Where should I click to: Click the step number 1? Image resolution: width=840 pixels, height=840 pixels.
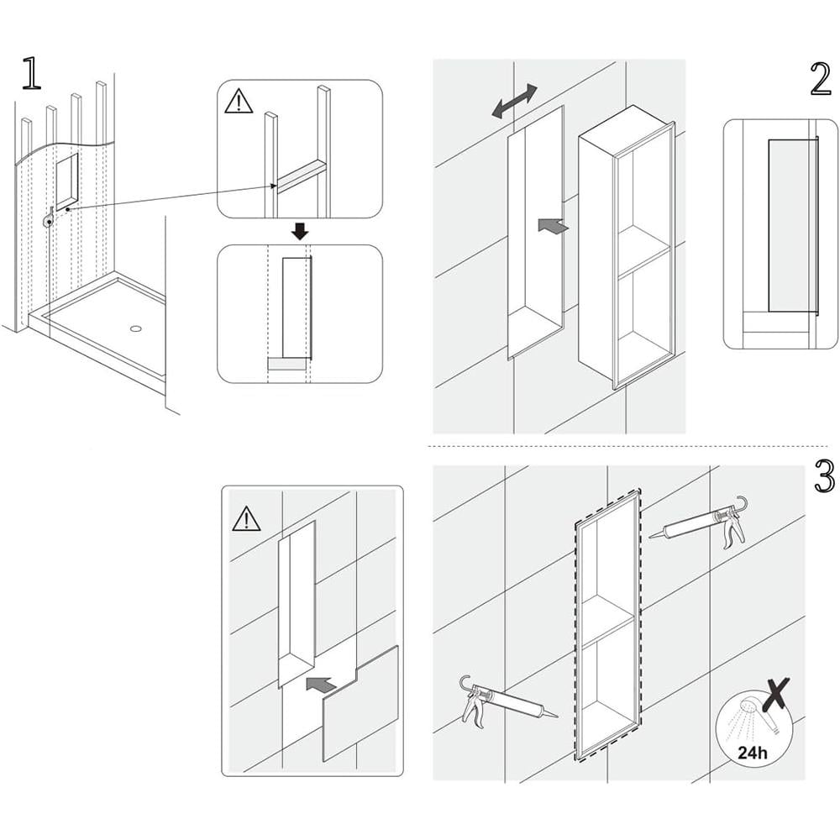point(31,74)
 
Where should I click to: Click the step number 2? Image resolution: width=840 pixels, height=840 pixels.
point(821,79)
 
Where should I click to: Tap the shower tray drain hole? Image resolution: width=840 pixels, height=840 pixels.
point(134,328)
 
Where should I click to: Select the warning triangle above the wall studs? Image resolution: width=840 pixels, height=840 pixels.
point(239,101)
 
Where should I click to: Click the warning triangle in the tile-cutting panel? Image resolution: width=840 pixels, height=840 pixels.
point(246,519)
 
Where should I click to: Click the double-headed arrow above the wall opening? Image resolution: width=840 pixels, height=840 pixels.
point(515,100)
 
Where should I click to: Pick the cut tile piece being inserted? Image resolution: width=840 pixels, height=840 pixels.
point(361,705)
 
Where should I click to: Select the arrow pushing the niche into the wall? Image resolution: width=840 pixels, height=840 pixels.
point(551,224)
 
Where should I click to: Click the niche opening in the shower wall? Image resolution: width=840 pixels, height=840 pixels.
point(67,180)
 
